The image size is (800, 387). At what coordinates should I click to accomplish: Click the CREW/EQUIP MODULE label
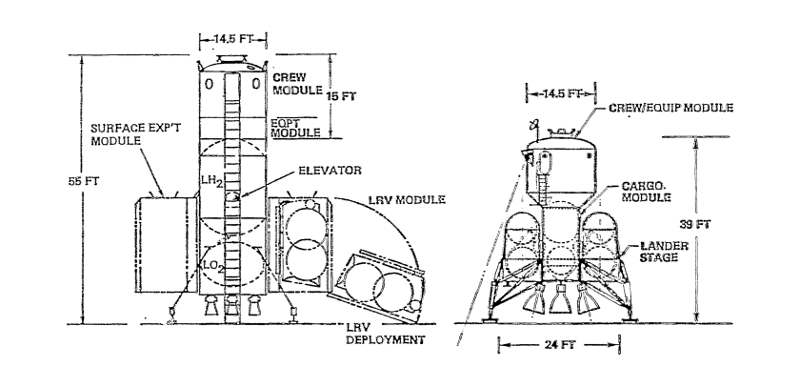pyautogui.click(x=672, y=108)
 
